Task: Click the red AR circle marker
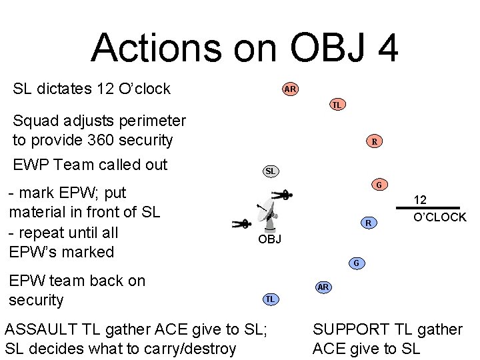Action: click(x=290, y=89)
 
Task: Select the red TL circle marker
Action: click(x=337, y=105)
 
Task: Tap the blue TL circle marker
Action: click(x=270, y=299)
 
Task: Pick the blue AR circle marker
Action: click(x=323, y=287)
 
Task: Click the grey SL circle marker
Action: click(x=270, y=171)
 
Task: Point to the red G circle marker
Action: click(x=379, y=185)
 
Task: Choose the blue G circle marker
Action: click(x=356, y=263)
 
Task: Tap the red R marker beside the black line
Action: click(x=367, y=223)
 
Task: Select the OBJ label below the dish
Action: click(x=269, y=239)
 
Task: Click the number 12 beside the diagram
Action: click(x=420, y=199)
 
